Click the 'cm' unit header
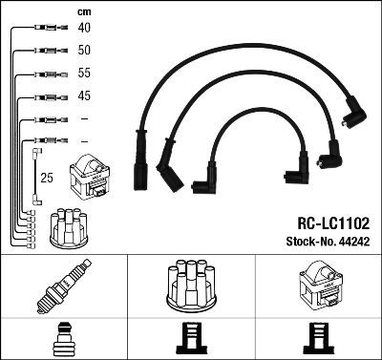coord(83,11)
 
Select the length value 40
coord(84,28)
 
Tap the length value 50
coord(84,50)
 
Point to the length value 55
coord(84,74)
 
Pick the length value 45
coord(84,95)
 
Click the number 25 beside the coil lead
coord(46,178)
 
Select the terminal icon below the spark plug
coord(63,340)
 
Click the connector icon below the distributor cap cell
coord(190,340)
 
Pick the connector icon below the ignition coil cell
coord(317,340)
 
